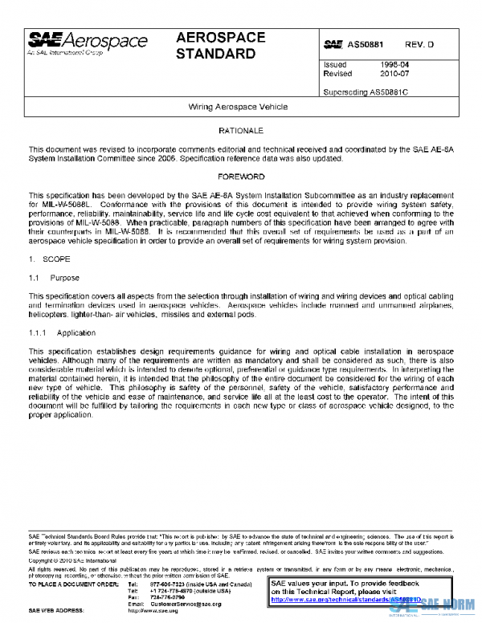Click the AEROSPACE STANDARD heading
(x=216, y=47)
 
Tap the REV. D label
(x=419, y=45)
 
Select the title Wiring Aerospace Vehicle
(x=238, y=106)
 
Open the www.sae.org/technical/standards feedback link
(x=333, y=599)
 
